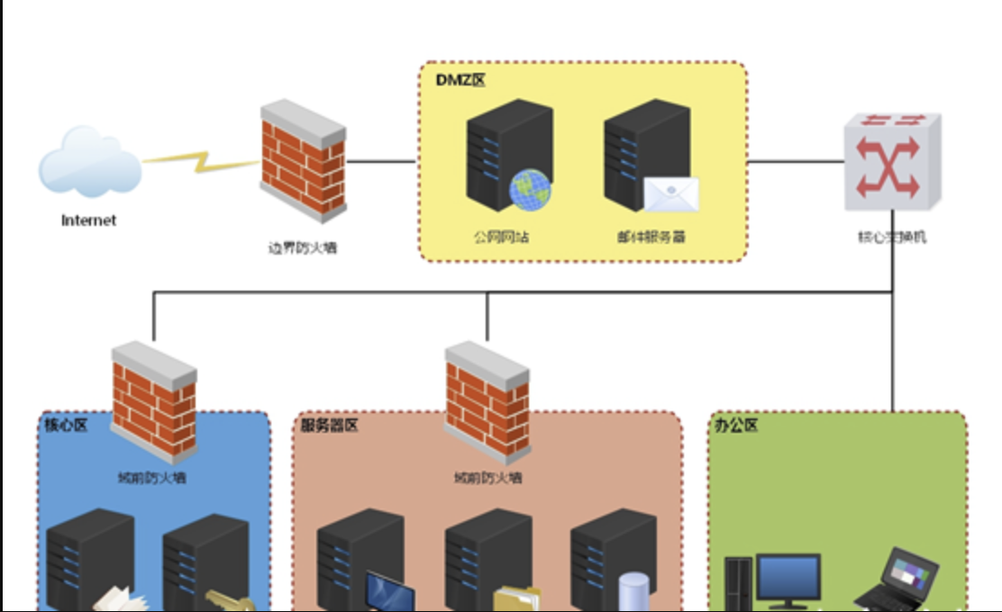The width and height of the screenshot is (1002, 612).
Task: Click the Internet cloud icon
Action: click(x=89, y=163)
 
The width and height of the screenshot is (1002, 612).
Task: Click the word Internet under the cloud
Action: click(x=88, y=220)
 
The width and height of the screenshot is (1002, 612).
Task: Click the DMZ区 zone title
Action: click(x=460, y=81)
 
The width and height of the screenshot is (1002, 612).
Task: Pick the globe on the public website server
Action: click(x=531, y=190)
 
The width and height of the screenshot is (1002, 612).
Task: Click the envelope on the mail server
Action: click(x=670, y=193)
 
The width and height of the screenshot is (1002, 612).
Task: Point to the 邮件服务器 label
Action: click(x=651, y=238)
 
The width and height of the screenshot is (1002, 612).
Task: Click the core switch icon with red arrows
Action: click(x=891, y=160)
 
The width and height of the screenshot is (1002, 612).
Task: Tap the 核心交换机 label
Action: click(x=891, y=238)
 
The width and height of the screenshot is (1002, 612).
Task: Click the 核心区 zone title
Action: click(x=66, y=425)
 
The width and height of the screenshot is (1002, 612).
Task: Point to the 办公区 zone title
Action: click(x=735, y=425)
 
